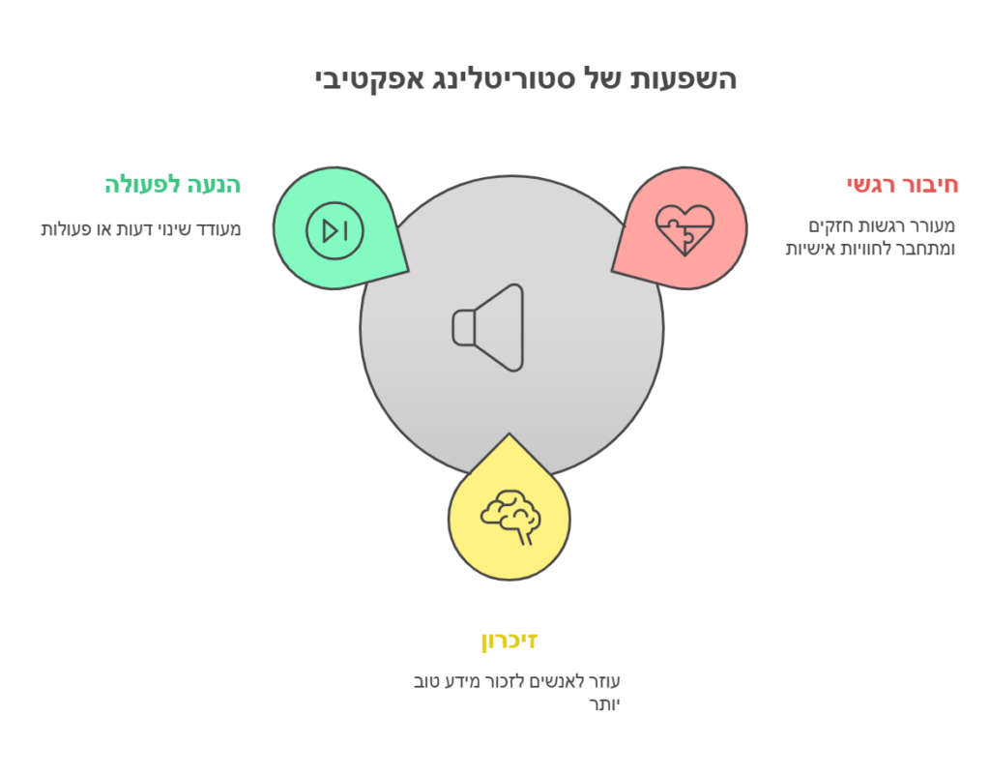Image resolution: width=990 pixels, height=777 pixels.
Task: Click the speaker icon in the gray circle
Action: pos(488,327)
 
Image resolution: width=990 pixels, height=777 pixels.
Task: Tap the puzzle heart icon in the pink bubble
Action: pos(684,229)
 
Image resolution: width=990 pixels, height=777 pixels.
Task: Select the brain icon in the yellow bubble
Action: pos(510,518)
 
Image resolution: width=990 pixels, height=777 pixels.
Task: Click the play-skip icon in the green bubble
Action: pos(335,230)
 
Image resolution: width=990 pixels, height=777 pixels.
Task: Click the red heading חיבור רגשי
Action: pos(901,184)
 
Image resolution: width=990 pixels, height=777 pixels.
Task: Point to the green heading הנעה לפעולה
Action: pos(172,184)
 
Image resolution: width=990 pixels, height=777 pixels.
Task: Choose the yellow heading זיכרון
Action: pos(510,640)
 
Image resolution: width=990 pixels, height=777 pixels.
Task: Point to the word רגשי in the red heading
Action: pos(870,184)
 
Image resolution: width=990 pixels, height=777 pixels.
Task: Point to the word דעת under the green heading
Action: pos(131,229)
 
